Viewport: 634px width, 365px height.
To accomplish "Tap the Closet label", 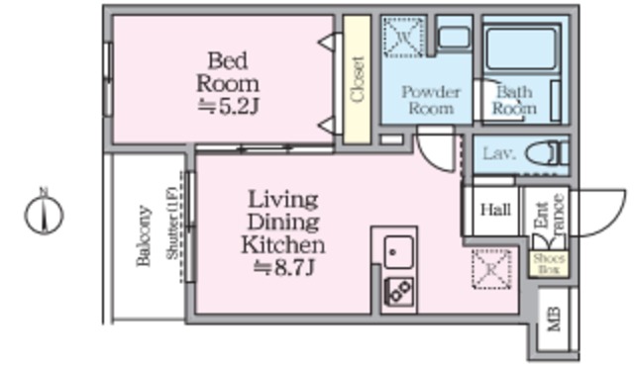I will (x=357, y=79).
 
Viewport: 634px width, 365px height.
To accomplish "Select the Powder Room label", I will (x=430, y=99).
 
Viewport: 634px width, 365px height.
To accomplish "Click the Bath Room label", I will (x=514, y=100).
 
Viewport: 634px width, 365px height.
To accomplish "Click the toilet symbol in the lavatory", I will (x=544, y=154).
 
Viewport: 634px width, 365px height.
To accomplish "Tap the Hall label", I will (x=495, y=210).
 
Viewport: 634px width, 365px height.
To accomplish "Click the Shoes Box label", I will (x=547, y=262).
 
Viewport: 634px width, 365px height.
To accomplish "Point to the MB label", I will (x=554, y=319).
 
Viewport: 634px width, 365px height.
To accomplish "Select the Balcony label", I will (x=145, y=236).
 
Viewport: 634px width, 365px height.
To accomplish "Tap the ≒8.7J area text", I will (x=283, y=266).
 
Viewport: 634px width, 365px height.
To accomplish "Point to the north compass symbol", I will (x=45, y=213).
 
